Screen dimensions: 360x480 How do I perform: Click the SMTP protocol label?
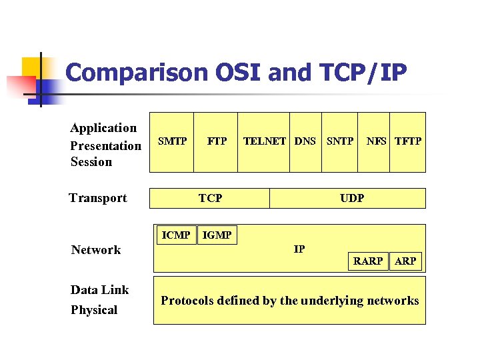pos(172,141)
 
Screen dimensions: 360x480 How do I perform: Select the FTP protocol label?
pos(217,141)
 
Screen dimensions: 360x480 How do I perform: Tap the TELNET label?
pos(265,141)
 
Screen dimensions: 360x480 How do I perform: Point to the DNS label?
pos(305,141)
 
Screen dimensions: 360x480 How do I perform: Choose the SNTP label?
pos(340,141)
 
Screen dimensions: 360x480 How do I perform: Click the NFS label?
pos(376,141)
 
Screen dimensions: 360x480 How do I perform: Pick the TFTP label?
pos(407,141)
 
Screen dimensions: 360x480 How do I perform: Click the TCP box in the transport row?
pos(210,198)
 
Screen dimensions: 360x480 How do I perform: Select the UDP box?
pos(351,198)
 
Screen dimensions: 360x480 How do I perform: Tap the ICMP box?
pos(177,235)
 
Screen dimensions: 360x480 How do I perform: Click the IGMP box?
pos(217,235)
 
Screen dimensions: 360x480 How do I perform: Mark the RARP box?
pos(368,261)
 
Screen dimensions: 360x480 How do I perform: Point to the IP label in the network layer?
pos(299,249)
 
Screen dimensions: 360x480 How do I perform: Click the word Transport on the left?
pos(98,198)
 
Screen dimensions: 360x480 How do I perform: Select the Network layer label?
pos(96,250)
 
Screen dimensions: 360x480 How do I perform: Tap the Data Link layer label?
pos(99,290)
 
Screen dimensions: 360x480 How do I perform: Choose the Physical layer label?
pos(93,310)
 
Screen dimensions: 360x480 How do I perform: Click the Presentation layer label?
pos(105,146)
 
